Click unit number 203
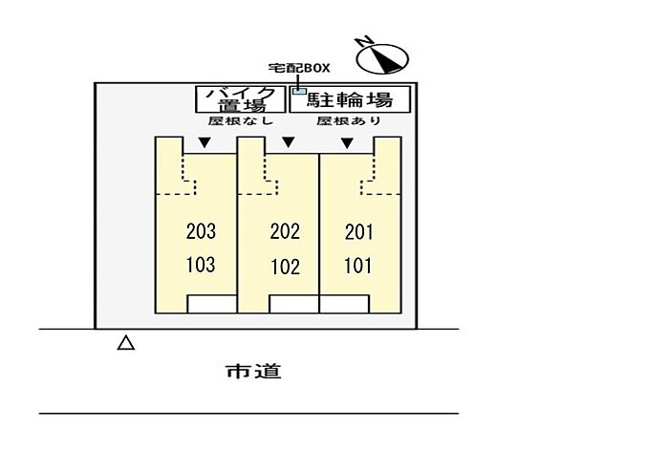[201, 231]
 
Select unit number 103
[201, 265]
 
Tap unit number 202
[285, 231]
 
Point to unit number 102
[286, 267]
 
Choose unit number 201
[358, 232]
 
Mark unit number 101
[358, 266]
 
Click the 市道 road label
[253, 371]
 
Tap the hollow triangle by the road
[126, 343]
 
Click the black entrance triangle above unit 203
[205, 142]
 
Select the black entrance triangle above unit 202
[289, 142]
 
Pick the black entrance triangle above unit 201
[347, 142]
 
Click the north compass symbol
[382, 57]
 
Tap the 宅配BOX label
[299, 68]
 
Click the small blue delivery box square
[299, 91]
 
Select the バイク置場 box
[241, 99]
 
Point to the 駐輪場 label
[350, 99]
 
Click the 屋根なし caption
[241, 120]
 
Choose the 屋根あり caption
[349, 120]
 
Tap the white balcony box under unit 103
[212, 304]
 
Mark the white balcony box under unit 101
[344, 304]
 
